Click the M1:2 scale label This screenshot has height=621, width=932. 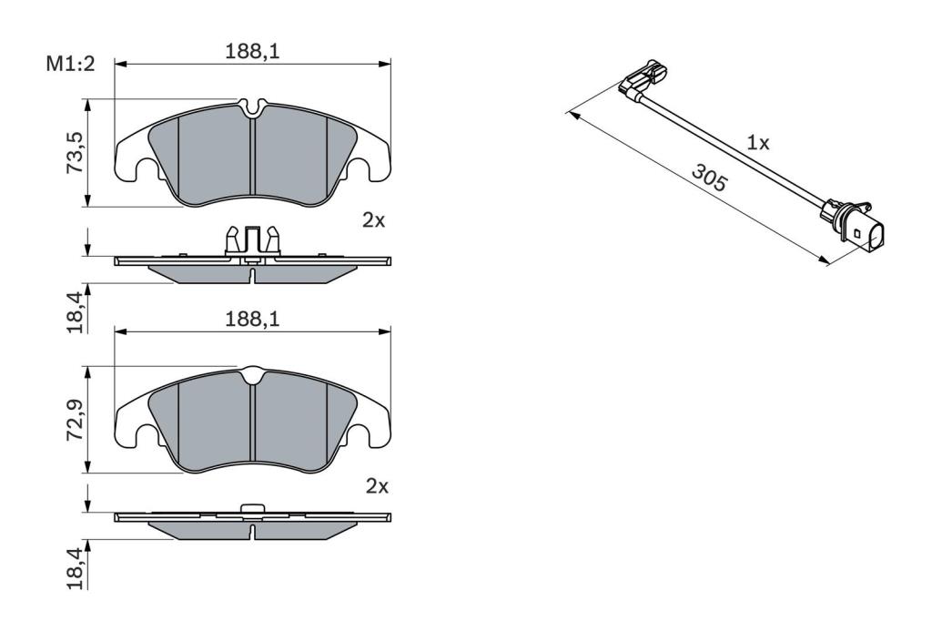71,64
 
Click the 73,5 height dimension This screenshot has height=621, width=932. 75,153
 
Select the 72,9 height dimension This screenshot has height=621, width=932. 75,420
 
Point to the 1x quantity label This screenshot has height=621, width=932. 758,143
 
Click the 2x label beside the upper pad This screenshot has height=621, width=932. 374,220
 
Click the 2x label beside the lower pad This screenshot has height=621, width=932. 377,486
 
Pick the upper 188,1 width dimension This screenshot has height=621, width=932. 252,52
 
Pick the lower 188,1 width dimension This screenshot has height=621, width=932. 252,320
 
